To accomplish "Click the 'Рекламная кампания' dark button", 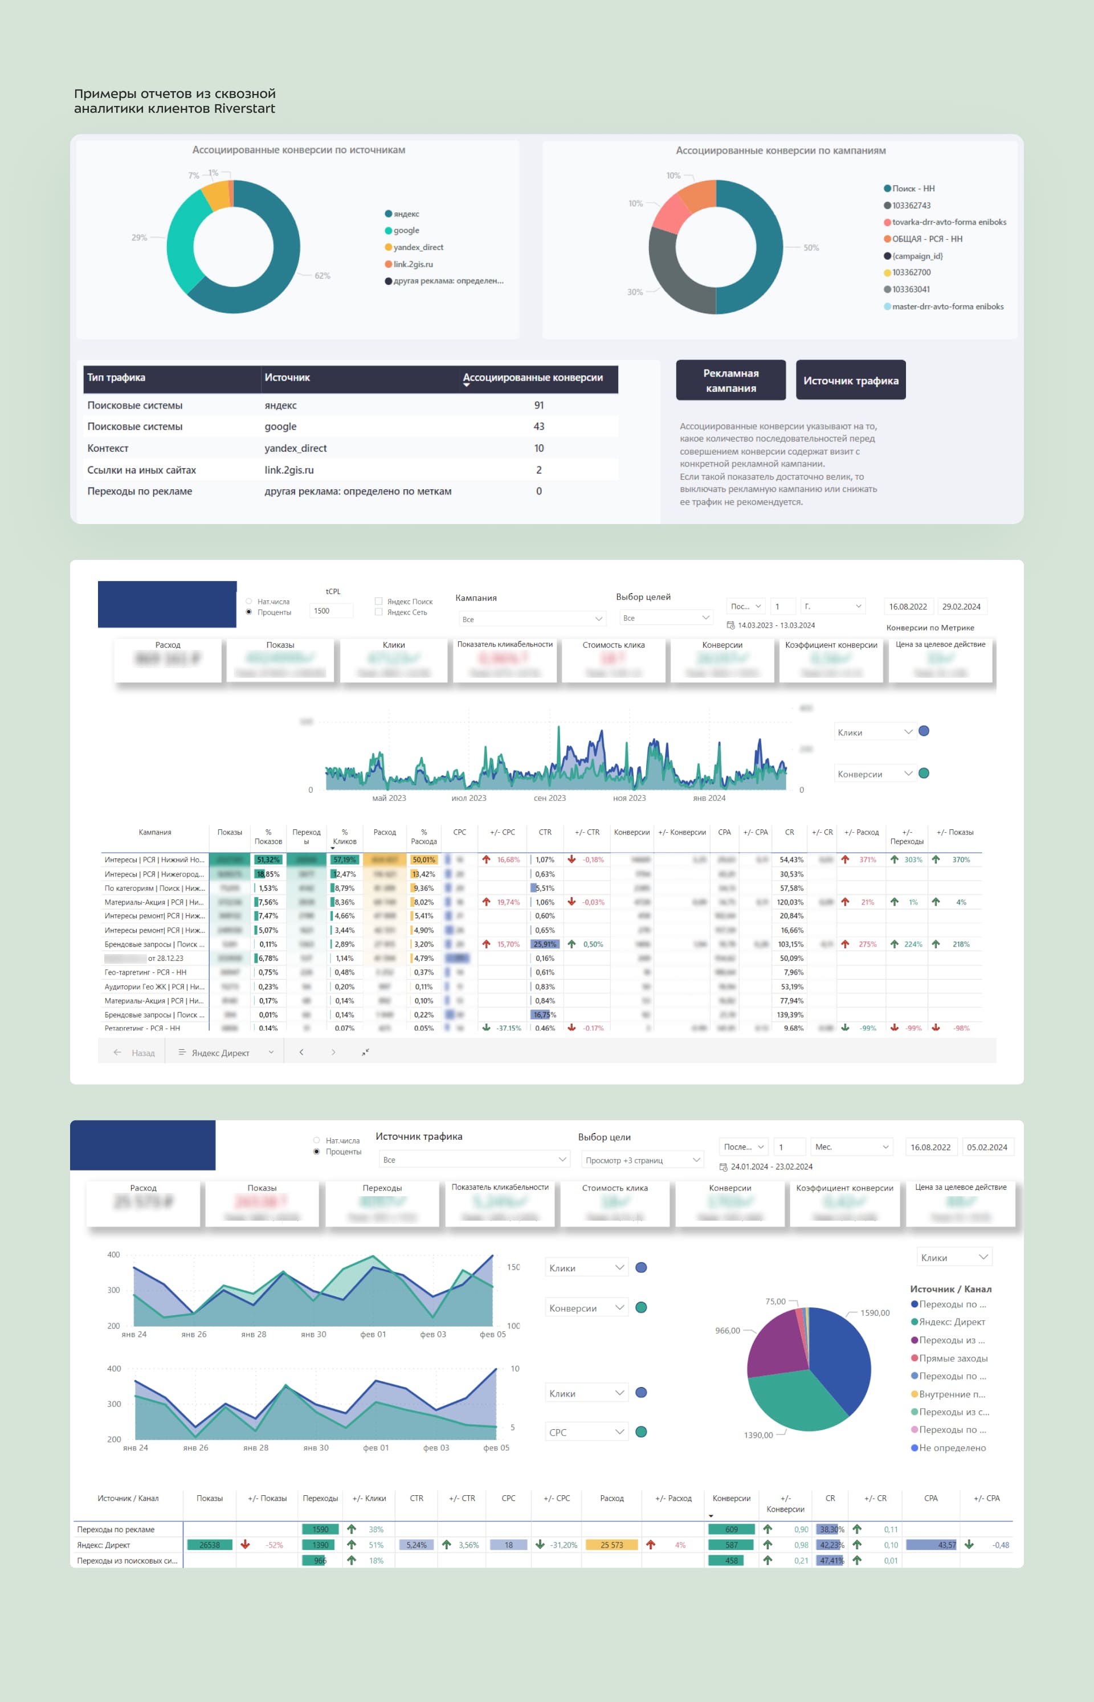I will click(730, 380).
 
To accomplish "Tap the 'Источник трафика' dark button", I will click(850, 380).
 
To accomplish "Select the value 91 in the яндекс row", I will click(538, 405).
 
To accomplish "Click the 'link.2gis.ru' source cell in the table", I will click(289, 469).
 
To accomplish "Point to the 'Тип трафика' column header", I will click(116, 377).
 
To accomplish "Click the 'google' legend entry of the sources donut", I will click(406, 230).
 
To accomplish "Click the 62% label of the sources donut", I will click(322, 276).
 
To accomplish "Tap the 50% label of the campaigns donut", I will click(811, 248).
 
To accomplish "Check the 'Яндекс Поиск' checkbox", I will click(379, 601).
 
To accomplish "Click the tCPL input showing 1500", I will click(331, 611).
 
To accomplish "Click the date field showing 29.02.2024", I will click(961, 607).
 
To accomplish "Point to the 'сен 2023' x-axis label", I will click(549, 797).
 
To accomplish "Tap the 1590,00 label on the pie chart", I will click(875, 1312).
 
